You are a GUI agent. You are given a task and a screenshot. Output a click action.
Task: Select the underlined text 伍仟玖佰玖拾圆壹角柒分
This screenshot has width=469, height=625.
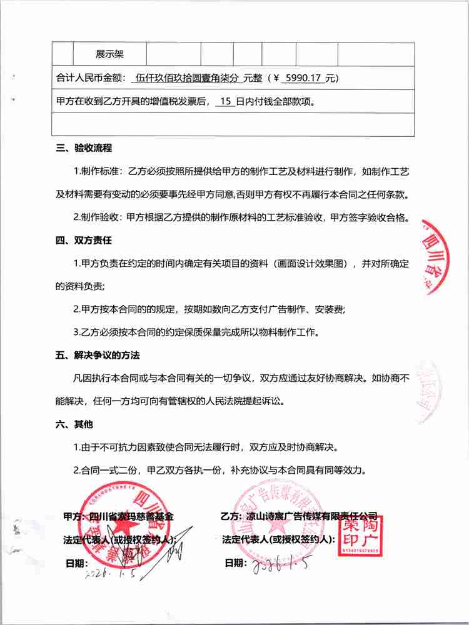click(187, 78)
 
